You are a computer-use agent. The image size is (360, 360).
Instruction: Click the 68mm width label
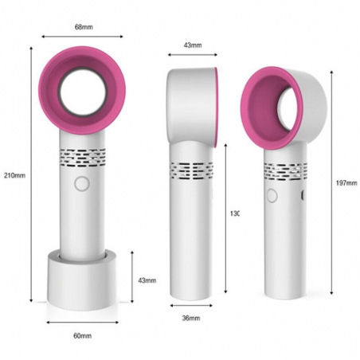82,27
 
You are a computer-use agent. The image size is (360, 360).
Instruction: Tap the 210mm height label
14,175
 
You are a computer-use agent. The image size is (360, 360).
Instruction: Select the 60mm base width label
82,335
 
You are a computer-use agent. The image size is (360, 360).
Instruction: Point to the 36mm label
191,319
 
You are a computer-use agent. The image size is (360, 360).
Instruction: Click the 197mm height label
346,182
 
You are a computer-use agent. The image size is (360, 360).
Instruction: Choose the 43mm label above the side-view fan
192,45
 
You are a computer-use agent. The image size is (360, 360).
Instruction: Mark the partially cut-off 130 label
234,213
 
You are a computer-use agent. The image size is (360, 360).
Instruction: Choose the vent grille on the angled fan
286,170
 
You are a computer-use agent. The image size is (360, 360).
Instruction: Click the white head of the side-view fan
191,104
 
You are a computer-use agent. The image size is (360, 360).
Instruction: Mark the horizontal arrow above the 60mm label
82,323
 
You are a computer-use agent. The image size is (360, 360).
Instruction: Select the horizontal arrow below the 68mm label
82,37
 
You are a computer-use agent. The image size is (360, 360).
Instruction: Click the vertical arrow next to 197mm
331,182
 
